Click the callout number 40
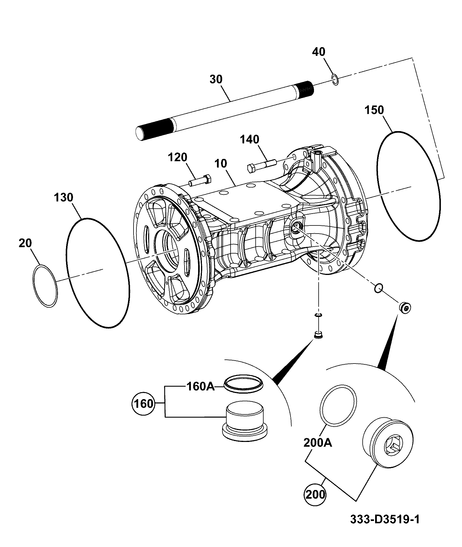(318, 52)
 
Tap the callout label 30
(216, 79)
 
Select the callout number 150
(374, 110)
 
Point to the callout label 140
(249, 139)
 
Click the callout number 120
(178, 157)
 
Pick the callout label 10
(221, 164)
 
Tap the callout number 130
(63, 198)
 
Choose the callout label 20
(25, 243)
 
